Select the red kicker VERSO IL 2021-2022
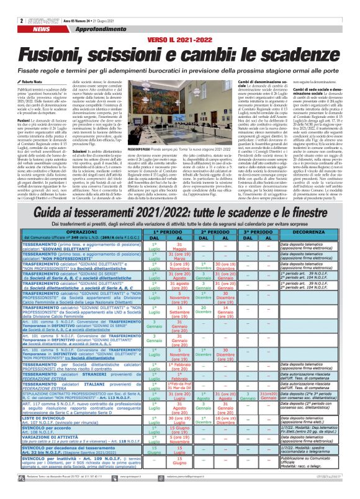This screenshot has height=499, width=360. (x=181, y=22)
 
